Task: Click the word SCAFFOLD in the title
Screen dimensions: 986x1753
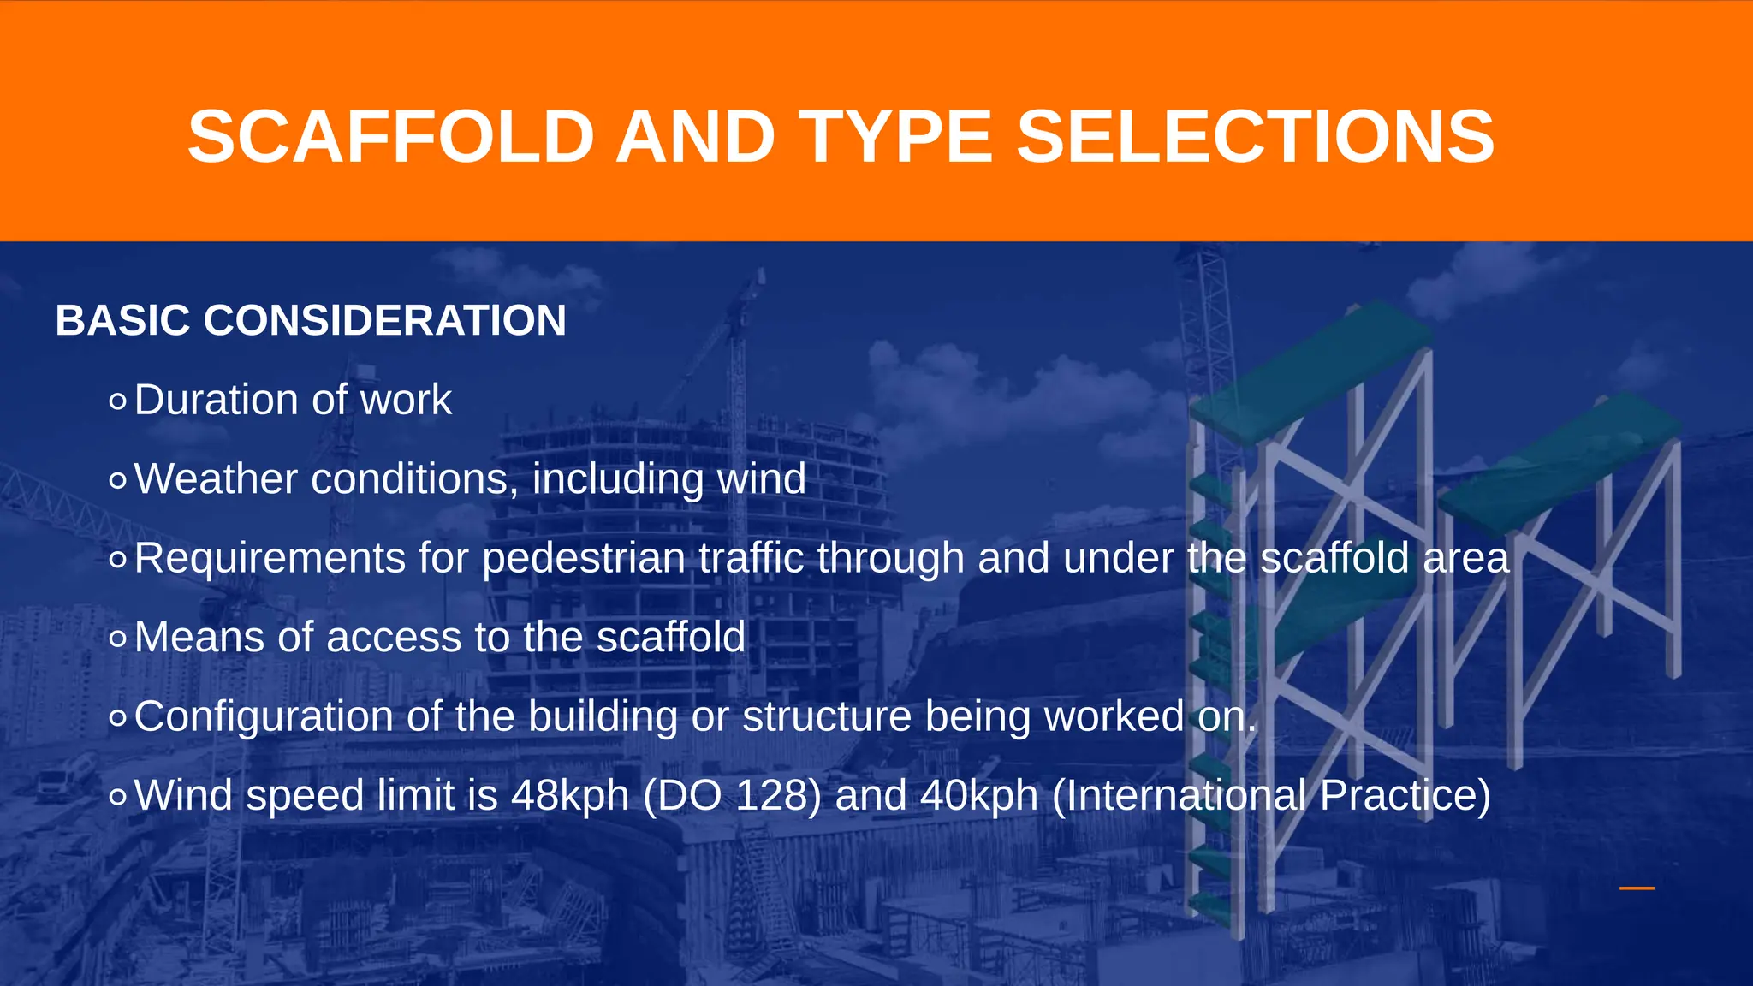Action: [x=390, y=137]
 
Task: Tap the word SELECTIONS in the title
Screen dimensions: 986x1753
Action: [x=1255, y=137]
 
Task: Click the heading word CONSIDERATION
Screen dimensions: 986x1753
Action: [x=384, y=321]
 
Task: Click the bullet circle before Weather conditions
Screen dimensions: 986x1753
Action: [x=118, y=480]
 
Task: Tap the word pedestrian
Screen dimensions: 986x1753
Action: [x=584, y=558]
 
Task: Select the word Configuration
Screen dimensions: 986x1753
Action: [x=264, y=716]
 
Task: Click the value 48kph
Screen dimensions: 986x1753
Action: [x=570, y=796]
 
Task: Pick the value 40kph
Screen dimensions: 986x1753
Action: [x=979, y=796]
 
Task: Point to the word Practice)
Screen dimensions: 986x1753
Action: [x=1405, y=796]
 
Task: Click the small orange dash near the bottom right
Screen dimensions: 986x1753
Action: [x=1637, y=888]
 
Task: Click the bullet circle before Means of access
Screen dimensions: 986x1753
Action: [x=118, y=639]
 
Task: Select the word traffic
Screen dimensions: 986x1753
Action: [x=751, y=558]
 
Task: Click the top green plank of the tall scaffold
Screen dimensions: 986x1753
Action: [x=1310, y=368]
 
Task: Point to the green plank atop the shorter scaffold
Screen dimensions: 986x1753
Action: [x=1558, y=462]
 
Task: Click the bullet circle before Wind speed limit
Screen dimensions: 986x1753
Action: [x=118, y=797]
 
